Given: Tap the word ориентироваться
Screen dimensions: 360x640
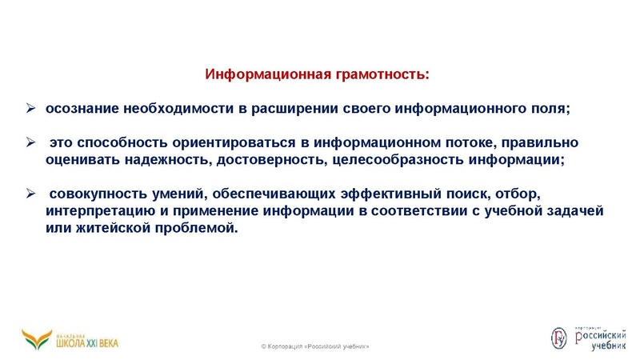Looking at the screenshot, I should coord(233,142).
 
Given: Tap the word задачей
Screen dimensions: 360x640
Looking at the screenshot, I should coord(573,210).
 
